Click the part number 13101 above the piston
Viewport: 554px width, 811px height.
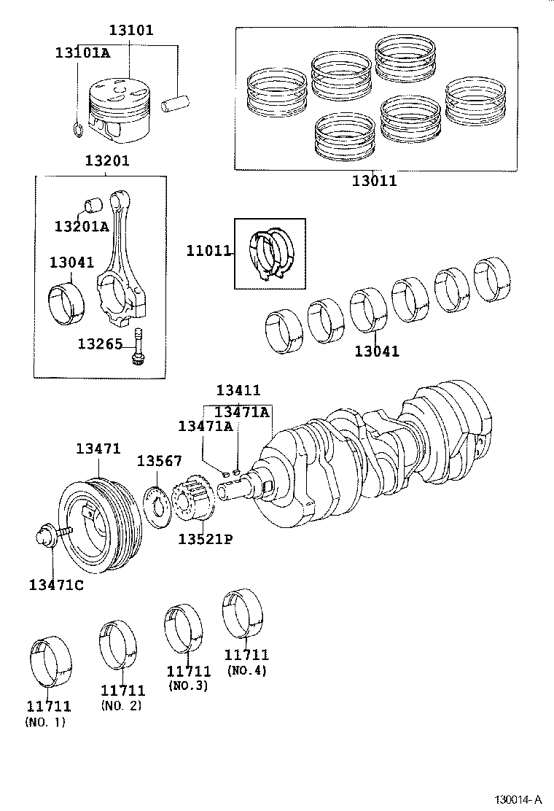click(x=131, y=31)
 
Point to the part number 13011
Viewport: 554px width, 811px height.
click(x=374, y=181)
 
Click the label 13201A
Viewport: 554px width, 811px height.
click(x=81, y=226)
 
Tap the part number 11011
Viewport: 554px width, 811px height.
click(x=208, y=252)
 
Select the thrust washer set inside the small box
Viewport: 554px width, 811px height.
click(x=269, y=252)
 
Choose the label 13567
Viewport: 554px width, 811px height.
click(x=160, y=461)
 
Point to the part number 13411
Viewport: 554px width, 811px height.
click(x=238, y=391)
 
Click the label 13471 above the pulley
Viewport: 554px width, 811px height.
click(x=98, y=449)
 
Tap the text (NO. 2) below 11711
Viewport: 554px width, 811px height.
click(x=121, y=705)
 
